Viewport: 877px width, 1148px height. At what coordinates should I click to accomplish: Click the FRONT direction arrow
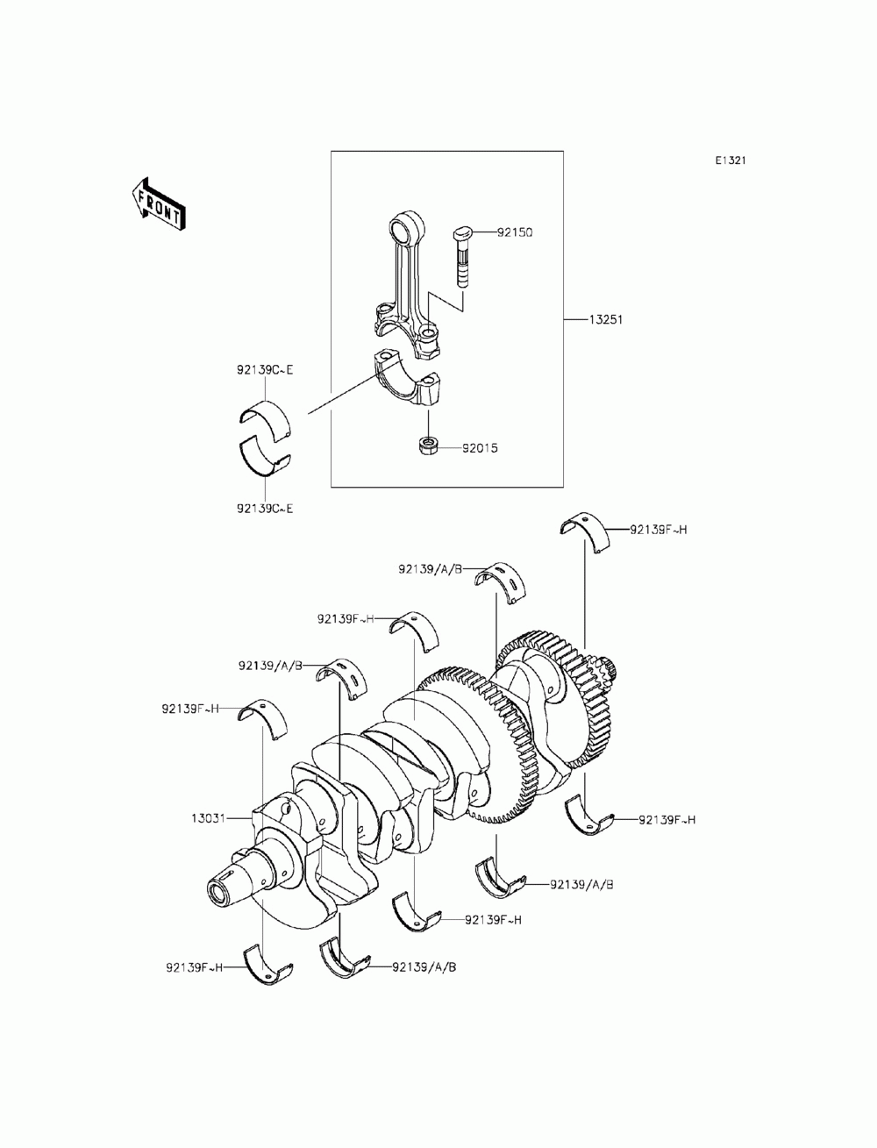tap(158, 205)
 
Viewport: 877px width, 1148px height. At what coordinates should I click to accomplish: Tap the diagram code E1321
tap(730, 161)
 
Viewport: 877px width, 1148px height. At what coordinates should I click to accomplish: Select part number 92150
tap(515, 233)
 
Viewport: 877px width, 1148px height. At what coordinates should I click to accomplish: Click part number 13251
tap(605, 319)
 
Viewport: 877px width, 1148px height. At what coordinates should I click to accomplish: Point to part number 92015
tap(481, 448)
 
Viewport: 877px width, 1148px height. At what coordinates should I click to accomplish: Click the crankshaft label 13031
tap(209, 818)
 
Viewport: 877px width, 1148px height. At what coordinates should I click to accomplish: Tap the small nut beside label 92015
tap(429, 446)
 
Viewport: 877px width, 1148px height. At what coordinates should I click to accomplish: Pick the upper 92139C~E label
tap(264, 370)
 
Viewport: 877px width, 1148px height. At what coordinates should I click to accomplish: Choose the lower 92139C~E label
tap(264, 508)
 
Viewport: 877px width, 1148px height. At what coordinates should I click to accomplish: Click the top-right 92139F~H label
tap(658, 530)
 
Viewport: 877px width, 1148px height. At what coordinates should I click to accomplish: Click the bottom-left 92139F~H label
tap(194, 967)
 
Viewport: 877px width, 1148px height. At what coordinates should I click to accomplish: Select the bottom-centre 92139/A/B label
tap(424, 967)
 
